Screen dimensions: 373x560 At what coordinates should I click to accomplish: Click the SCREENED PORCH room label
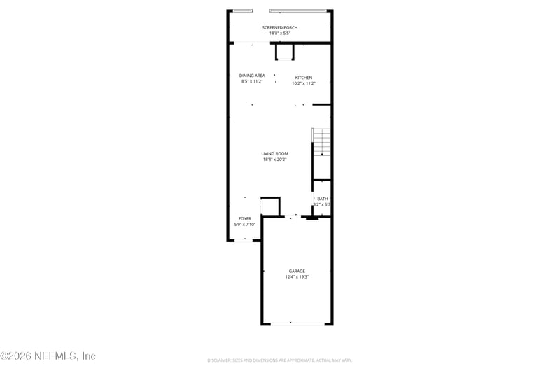pos(280,27)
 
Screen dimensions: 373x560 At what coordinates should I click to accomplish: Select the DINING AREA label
pos(252,76)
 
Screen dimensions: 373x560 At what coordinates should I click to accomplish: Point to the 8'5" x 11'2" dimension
pos(252,81)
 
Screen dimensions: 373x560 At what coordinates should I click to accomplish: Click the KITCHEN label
pos(303,78)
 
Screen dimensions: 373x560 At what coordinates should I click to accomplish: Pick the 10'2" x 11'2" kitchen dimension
pos(303,83)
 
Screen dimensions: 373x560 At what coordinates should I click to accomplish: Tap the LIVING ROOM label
pos(275,153)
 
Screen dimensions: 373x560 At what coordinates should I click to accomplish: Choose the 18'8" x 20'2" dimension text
pos(275,159)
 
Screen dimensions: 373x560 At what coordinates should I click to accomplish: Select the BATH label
pos(322,199)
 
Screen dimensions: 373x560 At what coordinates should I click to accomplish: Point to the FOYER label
pos(244,218)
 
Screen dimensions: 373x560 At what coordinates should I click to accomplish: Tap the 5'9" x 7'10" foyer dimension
pos(244,224)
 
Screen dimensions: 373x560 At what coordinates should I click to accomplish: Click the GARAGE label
pos(297,271)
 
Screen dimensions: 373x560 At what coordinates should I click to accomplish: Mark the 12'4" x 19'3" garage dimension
pos(297,276)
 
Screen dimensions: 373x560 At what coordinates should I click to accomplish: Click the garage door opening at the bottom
pos(297,323)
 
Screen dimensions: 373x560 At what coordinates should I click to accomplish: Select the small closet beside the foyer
pos(270,206)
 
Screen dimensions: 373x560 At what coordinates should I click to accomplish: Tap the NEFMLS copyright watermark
pos(48,356)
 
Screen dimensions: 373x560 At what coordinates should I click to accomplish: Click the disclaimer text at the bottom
pos(279,360)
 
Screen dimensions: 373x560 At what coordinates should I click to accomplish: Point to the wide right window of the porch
pos(297,10)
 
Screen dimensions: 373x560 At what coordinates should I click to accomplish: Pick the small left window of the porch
pos(243,10)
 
